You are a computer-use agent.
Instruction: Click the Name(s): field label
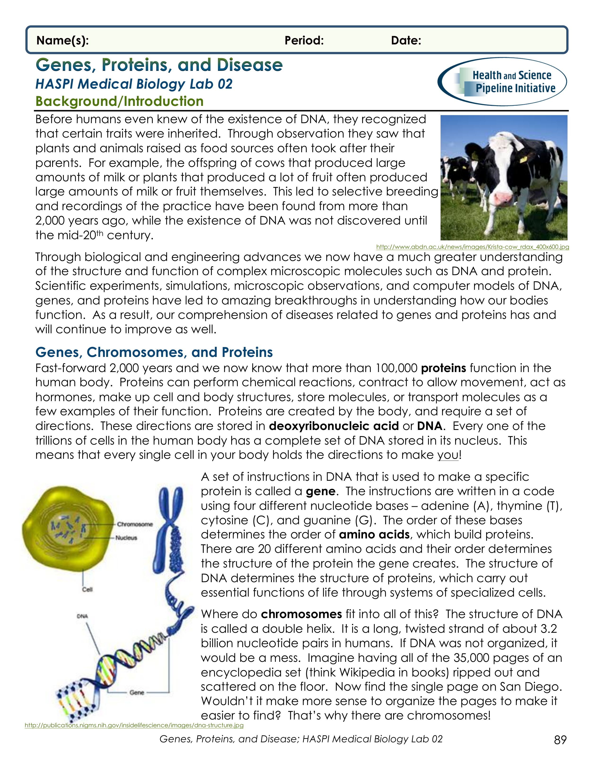point(62,40)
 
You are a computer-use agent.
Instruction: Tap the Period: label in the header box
point(304,40)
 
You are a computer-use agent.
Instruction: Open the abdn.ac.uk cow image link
point(472,247)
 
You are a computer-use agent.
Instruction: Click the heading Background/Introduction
point(119,101)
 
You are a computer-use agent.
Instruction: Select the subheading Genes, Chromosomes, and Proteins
point(154,352)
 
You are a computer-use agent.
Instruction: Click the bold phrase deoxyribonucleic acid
point(334,426)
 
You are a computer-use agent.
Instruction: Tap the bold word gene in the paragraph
point(320,491)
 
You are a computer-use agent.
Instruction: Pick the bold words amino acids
point(374,535)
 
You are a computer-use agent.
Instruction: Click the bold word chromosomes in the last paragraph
point(301,614)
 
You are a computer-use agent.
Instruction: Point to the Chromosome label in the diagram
point(135,524)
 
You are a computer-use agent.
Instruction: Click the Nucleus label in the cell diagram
point(126,537)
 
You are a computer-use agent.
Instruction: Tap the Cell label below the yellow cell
point(87,589)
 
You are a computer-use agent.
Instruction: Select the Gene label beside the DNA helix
point(137,693)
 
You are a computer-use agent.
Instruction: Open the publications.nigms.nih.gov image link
point(134,725)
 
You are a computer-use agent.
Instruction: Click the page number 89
point(560,740)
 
